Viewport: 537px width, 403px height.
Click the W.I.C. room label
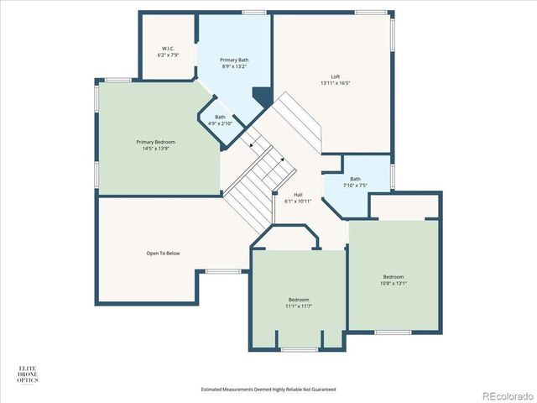[168, 49]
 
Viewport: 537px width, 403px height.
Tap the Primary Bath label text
[234, 60]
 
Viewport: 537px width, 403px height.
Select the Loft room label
[335, 77]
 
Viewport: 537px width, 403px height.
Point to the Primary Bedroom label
[155, 142]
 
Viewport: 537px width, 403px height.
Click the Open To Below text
[163, 253]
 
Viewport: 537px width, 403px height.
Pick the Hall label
[298, 195]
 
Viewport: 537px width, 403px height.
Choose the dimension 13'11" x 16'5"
[335, 83]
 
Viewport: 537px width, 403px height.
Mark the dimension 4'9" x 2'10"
[220, 123]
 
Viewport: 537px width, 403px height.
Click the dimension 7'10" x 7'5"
[355, 185]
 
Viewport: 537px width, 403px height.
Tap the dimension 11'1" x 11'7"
[299, 306]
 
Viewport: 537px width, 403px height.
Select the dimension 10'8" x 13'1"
[394, 283]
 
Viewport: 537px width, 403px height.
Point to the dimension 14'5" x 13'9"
[155, 149]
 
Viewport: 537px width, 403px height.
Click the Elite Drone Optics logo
[28, 374]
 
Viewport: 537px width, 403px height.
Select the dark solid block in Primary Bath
[263, 97]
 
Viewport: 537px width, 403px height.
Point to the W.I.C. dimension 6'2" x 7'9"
[168, 55]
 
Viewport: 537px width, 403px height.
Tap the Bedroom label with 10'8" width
[394, 276]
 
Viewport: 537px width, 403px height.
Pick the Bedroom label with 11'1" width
[299, 300]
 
